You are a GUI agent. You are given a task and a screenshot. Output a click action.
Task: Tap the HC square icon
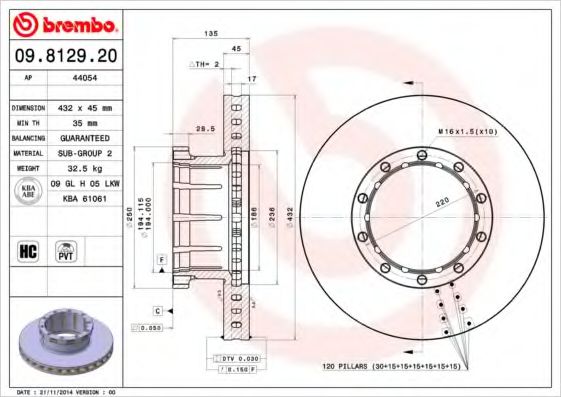[x=26, y=251]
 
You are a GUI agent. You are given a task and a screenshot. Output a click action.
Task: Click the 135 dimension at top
[x=211, y=34]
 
